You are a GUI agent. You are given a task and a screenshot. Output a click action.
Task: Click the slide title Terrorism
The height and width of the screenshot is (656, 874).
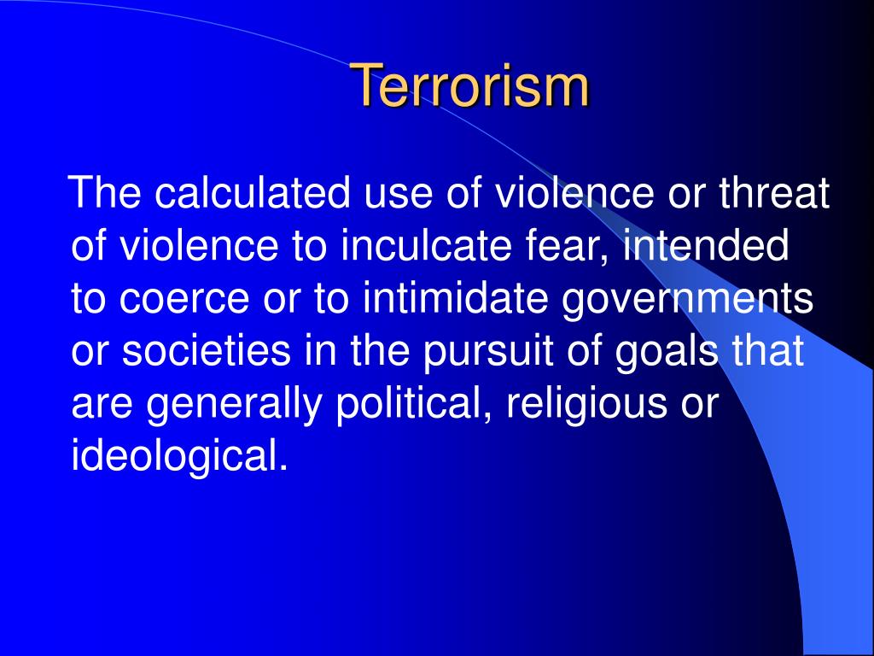point(469,85)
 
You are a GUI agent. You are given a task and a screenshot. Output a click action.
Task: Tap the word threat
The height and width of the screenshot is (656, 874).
point(774,195)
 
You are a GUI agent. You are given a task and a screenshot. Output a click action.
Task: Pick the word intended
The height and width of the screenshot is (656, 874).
point(706,248)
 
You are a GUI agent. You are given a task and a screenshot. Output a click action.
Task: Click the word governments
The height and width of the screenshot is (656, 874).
point(689,301)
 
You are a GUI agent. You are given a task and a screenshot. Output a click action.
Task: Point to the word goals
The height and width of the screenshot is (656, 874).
point(668,353)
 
